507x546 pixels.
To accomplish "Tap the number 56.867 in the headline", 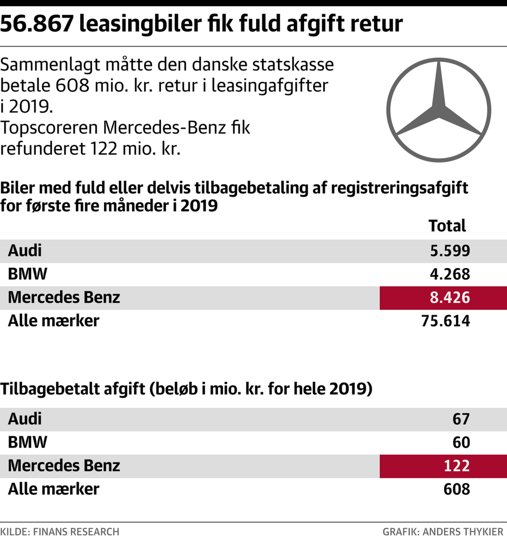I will (x=35, y=23).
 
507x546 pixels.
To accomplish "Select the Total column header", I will (x=447, y=226).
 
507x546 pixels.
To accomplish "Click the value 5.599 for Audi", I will (x=449, y=251).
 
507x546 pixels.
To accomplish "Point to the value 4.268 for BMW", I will (x=449, y=274).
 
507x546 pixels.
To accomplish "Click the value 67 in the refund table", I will (x=461, y=419).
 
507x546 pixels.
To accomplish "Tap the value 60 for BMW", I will (x=461, y=442).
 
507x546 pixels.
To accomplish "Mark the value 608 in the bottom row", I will (x=457, y=489).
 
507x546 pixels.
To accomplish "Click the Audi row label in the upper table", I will (x=25, y=251).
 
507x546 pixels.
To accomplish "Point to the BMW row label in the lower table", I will (x=27, y=442).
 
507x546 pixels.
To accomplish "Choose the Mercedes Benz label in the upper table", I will (x=64, y=298).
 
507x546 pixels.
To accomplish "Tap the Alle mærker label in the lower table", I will (x=53, y=489).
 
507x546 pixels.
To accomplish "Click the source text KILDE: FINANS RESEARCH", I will (x=60, y=532).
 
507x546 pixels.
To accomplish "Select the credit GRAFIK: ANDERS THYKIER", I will (x=444, y=532).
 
